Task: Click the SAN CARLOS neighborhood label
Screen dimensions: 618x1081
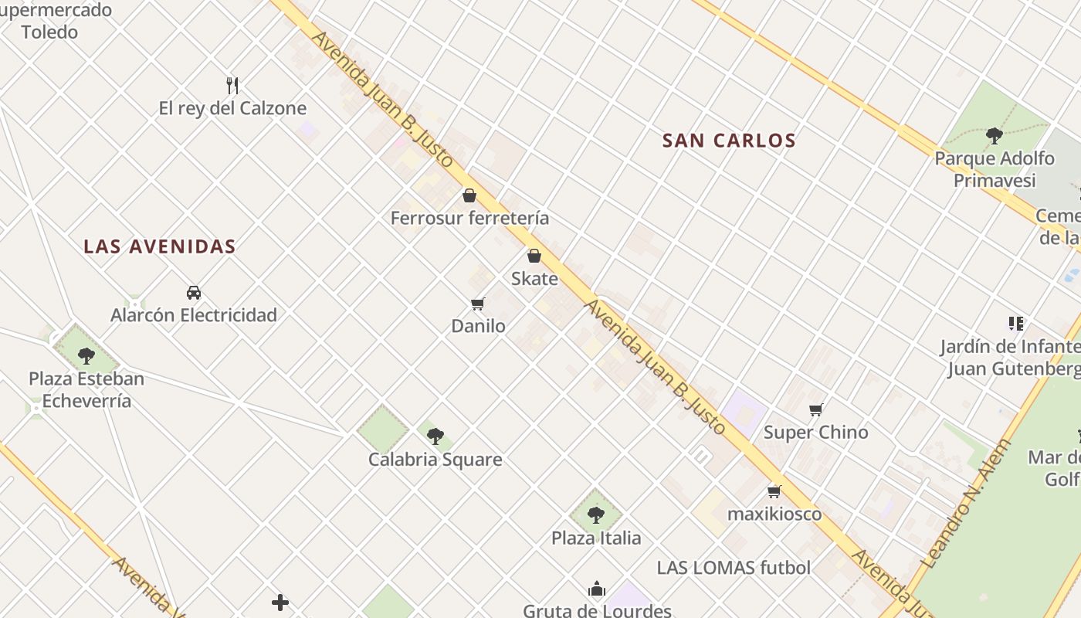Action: (x=729, y=141)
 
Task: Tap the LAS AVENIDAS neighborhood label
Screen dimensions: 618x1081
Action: (x=160, y=246)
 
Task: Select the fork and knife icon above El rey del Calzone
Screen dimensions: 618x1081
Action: (x=232, y=85)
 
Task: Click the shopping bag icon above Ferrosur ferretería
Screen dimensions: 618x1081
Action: (x=469, y=195)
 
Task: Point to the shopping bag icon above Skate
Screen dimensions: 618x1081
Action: (x=534, y=256)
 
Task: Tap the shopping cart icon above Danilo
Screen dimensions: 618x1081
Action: (x=478, y=304)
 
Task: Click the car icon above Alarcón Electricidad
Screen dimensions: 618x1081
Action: (x=194, y=293)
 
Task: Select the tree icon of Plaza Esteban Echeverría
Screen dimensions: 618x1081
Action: (x=86, y=356)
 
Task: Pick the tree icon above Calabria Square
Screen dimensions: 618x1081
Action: (x=435, y=436)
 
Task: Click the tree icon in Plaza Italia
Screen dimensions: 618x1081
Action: (x=595, y=514)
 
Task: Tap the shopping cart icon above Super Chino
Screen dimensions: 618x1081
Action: (x=816, y=409)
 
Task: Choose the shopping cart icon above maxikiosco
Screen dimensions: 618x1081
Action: (x=774, y=491)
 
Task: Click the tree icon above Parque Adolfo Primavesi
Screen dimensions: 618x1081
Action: (x=995, y=136)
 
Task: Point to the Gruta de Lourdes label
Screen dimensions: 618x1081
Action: (x=597, y=610)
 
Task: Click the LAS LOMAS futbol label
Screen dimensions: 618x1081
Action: (x=734, y=568)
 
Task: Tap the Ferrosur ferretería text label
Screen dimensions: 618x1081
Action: (x=469, y=218)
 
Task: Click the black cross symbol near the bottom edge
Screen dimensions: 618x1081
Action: (x=280, y=603)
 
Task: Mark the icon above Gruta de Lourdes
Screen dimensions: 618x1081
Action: (x=596, y=589)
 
